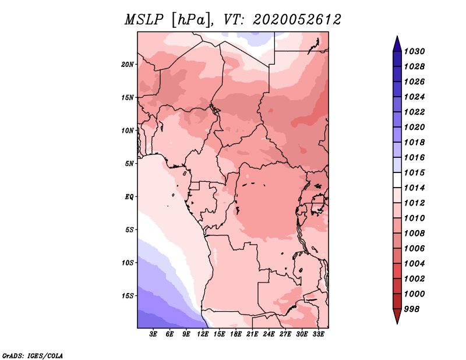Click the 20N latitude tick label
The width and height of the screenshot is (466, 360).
128,65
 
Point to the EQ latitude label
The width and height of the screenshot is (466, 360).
129,197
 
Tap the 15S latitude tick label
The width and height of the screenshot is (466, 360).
128,296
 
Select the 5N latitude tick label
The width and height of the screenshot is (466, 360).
129,164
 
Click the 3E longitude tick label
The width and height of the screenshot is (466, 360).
153,334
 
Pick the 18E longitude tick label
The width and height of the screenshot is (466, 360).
236,334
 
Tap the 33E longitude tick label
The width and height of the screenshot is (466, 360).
318,334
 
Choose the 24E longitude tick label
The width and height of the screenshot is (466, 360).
269,334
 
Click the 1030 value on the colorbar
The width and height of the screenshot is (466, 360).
414,51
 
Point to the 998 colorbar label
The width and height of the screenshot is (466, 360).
412,309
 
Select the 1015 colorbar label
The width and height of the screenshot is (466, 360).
414,172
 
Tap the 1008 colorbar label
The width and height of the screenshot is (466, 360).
414,234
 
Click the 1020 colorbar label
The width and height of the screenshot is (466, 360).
414,127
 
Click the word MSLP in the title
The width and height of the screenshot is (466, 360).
144,20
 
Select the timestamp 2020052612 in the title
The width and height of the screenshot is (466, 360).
297,20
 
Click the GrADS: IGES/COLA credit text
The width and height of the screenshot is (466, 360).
33,356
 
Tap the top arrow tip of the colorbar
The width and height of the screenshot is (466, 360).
397,36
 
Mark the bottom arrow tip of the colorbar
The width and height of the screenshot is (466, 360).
397,324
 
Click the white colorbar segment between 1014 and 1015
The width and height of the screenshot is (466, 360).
397,180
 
